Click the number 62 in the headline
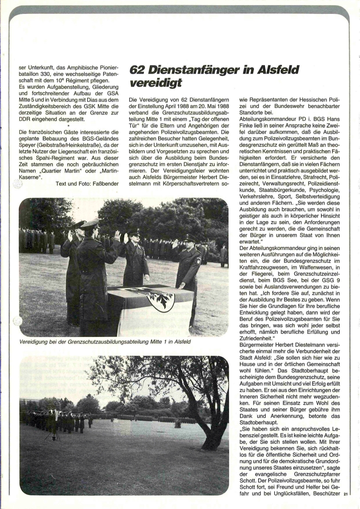coord(138,70)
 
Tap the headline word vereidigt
coord(150,83)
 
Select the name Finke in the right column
coord(248,125)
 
